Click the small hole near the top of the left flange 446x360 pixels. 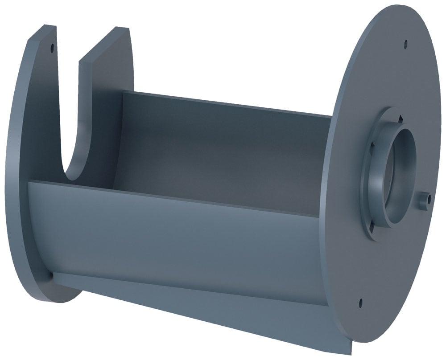click(52, 46)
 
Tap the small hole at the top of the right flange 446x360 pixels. click(405, 44)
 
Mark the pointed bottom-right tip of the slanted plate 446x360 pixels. click(352, 352)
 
